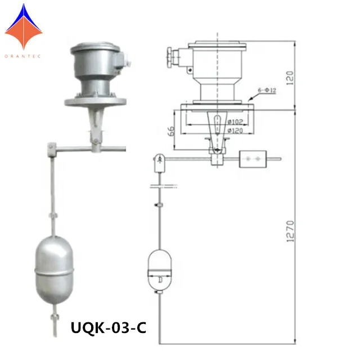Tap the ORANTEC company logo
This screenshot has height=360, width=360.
tap(24, 28)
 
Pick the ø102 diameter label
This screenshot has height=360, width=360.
tap(235, 121)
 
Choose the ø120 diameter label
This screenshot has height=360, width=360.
tap(235, 130)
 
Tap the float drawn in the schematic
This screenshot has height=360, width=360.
tap(159, 269)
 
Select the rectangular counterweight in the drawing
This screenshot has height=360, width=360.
tap(252, 160)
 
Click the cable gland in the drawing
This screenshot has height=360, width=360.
tap(171, 57)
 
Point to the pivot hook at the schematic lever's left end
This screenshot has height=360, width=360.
tap(159, 164)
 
